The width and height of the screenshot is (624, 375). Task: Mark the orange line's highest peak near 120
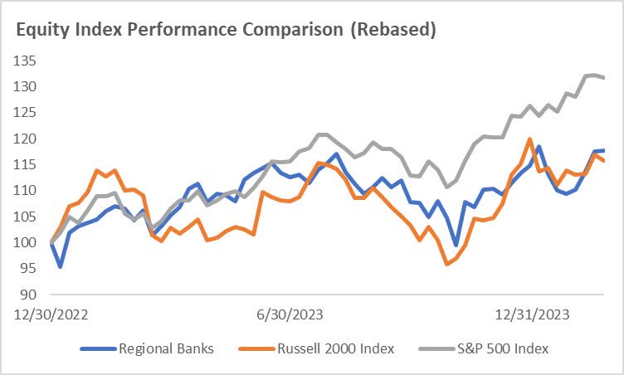[529, 139]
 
